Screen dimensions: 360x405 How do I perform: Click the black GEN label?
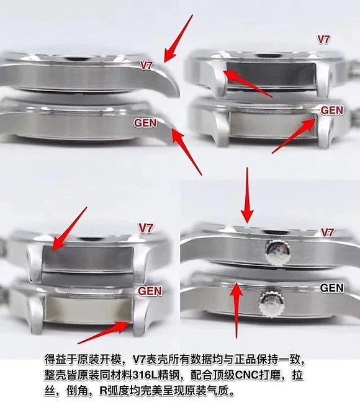(x=332, y=288)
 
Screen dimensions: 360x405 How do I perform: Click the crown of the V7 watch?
(x=277, y=251)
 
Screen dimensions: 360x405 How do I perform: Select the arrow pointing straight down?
(x=247, y=195)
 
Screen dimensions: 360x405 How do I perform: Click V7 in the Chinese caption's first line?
(x=139, y=360)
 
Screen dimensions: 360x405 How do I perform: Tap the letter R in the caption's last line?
(x=103, y=391)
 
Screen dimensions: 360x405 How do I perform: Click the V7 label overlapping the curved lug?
(x=146, y=65)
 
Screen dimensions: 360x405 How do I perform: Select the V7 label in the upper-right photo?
(x=323, y=40)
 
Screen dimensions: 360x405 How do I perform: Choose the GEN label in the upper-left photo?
(x=145, y=123)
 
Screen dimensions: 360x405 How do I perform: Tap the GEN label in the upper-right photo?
(x=332, y=110)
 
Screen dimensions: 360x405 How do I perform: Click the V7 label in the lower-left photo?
(x=146, y=228)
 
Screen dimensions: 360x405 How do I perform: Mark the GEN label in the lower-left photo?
(x=150, y=291)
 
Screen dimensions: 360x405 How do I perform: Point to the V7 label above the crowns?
(x=327, y=233)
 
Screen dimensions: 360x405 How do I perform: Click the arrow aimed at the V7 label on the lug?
(x=178, y=38)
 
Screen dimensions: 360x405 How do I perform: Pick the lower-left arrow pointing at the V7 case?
(x=69, y=229)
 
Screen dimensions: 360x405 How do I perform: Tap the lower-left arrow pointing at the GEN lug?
(x=103, y=332)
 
